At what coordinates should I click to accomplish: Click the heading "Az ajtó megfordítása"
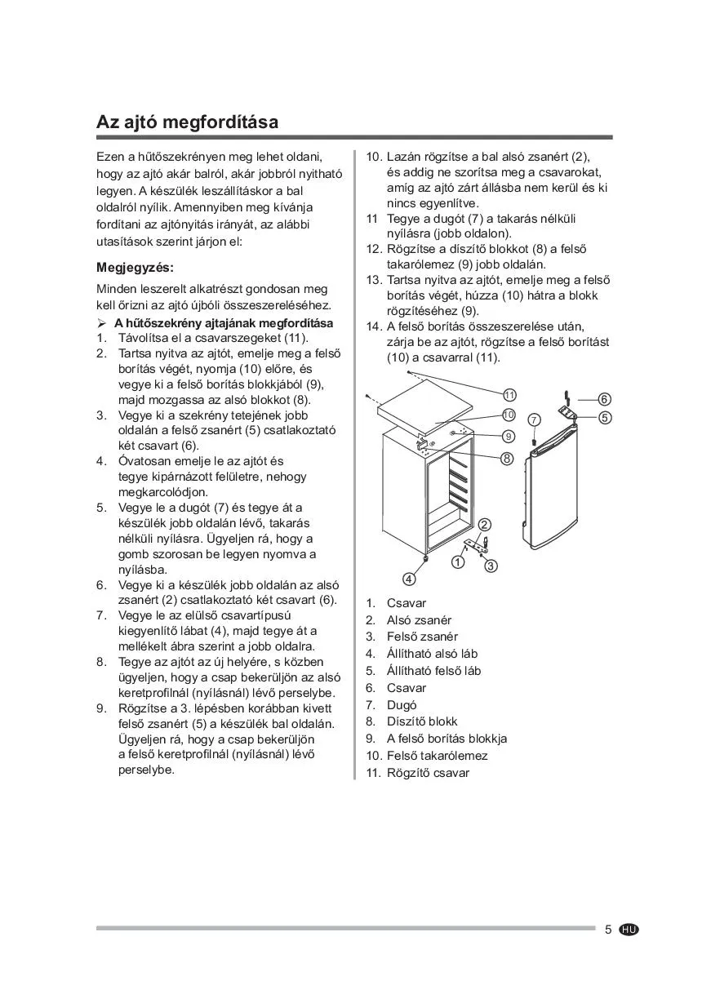tap(187, 122)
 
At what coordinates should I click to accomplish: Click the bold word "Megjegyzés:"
tap(136, 268)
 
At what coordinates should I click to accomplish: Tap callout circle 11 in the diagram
tap(510, 395)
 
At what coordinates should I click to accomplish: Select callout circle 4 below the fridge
tap(409, 579)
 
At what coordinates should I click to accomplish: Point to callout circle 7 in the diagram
tap(535, 419)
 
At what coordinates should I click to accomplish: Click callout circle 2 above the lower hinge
tap(484, 524)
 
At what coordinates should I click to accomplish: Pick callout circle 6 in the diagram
tap(604, 399)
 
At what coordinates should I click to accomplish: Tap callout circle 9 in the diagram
tap(509, 437)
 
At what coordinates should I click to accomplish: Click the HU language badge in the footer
tap(629, 930)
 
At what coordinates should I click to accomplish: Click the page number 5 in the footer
tap(608, 930)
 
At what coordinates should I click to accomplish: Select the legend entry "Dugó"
tap(402, 704)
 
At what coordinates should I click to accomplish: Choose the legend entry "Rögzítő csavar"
tap(428, 773)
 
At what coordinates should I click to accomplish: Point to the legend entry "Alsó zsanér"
tap(419, 619)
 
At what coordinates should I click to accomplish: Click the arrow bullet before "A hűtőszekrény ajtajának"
tap(102, 323)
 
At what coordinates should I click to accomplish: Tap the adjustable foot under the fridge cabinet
tap(426, 561)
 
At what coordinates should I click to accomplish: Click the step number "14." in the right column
tap(373, 326)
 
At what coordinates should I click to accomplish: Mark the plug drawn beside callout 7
tap(534, 442)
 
